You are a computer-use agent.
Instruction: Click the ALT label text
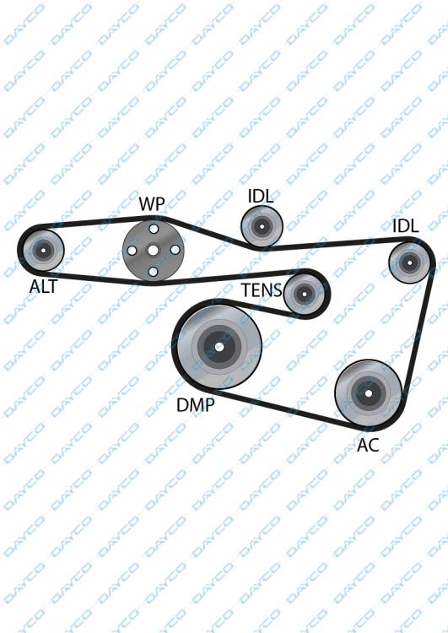coord(44,286)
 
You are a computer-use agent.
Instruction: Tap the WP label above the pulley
coord(152,204)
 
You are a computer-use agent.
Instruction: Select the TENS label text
coord(262,290)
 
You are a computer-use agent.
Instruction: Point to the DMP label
coord(196,404)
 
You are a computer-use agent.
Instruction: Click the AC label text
coord(368,445)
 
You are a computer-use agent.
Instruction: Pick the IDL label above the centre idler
coord(261,196)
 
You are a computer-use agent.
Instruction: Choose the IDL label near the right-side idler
coord(406,226)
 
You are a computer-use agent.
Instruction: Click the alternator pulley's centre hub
coord(43,251)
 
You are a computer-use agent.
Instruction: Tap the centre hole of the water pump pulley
coord(153,251)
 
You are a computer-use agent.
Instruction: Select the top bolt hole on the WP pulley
coord(154,229)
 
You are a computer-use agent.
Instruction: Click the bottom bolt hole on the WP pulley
coord(153,272)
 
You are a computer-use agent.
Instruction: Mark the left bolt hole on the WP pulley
coord(132,251)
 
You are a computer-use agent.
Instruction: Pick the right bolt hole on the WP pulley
coord(175,251)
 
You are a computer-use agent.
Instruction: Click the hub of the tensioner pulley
coord(305,294)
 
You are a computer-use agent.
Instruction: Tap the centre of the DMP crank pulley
coord(219,347)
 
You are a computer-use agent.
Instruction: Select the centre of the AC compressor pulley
coord(369,393)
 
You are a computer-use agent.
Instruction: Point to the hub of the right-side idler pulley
coord(410,262)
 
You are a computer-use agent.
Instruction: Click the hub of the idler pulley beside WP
coord(262,226)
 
